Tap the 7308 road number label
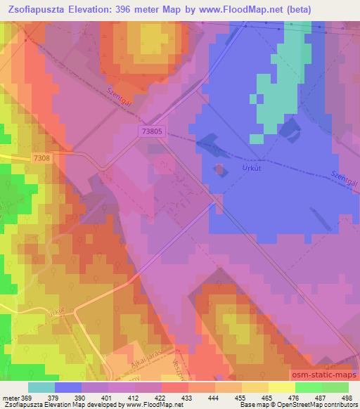click(41, 160)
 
